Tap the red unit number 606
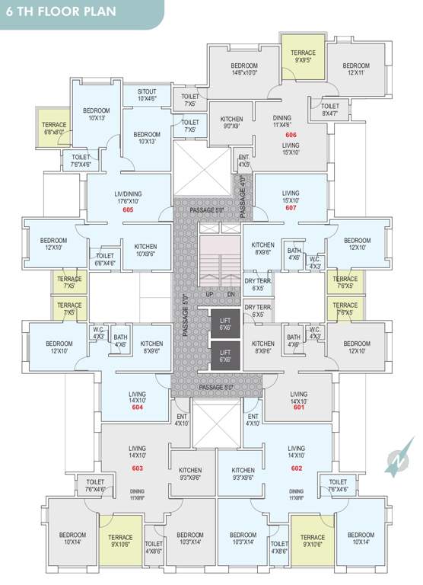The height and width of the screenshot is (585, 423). coord(291,134)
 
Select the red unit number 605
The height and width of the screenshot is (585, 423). coord(128,209)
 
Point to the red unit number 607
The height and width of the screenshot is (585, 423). coord(291,207)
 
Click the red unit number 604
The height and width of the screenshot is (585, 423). coord(138,408)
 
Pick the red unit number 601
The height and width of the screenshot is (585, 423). coord(298,407)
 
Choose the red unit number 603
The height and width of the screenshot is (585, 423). coord(138,468)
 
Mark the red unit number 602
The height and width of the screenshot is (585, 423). coord(297,468)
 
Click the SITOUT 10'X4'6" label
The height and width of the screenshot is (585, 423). coord(148,94)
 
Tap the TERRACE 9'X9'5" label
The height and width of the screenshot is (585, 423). coord(303,56)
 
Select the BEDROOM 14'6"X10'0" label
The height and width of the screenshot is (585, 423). coord(244,69)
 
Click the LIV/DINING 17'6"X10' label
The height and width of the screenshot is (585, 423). coord(128,197)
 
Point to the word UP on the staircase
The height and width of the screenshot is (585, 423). coord(209,294)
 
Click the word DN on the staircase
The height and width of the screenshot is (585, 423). coord(231,294)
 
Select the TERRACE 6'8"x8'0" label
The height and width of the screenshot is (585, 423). coord(54,127)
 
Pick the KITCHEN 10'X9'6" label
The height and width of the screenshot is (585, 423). coord(145,250)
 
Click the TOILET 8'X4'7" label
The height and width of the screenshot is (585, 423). coord(330,110)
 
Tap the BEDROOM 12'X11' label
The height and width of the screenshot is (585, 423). coord(356,69)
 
